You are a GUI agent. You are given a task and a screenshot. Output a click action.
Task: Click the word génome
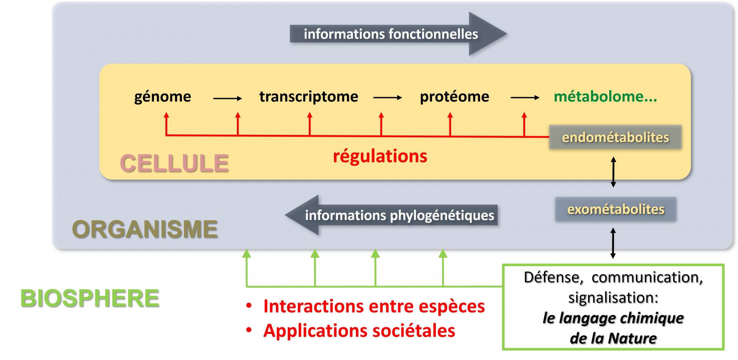162,97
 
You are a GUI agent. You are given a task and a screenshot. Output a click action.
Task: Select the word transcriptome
308,97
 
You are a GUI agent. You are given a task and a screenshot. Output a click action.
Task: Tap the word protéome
454,97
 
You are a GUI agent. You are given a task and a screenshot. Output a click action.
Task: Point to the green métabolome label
605,97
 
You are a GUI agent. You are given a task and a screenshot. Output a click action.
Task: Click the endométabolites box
615,137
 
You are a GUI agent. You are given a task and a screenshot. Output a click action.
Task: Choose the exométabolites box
615,209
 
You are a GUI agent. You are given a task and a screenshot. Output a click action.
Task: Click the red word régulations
380,156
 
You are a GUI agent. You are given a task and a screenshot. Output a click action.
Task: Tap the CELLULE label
174,163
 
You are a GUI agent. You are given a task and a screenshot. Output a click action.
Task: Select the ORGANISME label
145,229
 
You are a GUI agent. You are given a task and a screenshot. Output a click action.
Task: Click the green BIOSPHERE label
90,298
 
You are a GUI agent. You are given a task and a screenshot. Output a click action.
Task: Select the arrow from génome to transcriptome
228,98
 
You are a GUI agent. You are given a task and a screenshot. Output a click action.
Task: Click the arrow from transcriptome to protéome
387,98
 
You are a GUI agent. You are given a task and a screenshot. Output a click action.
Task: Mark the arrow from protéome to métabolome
525,98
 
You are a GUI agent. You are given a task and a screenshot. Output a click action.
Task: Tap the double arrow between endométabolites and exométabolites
613,172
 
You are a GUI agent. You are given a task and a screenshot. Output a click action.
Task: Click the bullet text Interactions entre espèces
374,307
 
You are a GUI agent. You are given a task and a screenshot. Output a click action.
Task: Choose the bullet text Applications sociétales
359,331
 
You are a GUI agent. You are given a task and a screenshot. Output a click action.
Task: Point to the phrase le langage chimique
613,318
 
